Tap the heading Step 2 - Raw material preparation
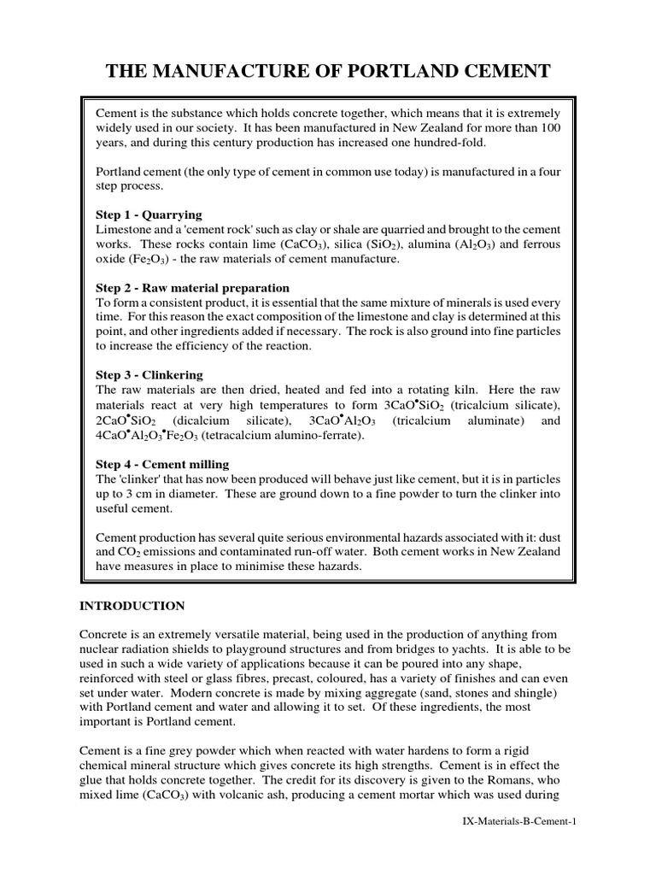click(x=192, y=288)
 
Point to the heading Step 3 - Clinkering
click(x=149, y=375)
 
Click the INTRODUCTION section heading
click(x=132, y=606)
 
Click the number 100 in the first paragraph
click(x=551, y=127)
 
